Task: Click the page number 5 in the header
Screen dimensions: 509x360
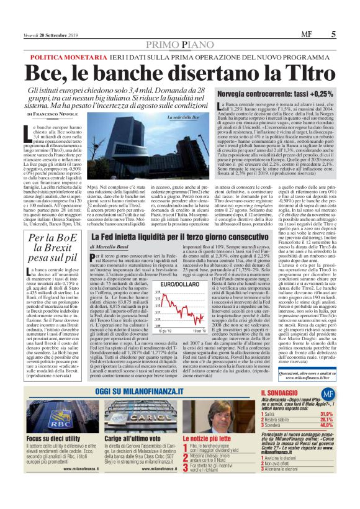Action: (333, 34)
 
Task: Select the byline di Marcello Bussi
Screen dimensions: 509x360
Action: (109, 246)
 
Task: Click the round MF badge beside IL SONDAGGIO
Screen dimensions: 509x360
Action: (327, 394)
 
